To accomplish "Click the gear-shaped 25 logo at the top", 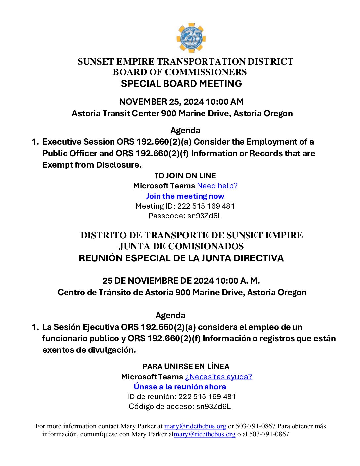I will click(191, 38).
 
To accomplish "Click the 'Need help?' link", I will click(217, 186).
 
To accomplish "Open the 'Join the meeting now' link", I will click(185, 196).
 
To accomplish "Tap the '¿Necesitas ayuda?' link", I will click(218, 377).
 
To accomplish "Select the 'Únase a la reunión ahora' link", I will click(180, 387).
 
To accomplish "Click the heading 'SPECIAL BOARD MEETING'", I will click(181, 84).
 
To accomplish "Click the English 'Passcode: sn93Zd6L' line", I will click(185, 216).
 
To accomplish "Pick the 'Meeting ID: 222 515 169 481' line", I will click(185, 206).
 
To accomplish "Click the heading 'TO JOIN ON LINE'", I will click(185, 176).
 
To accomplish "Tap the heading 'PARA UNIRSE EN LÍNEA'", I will click(186, 366).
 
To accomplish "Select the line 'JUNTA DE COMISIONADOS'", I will click(181, 246).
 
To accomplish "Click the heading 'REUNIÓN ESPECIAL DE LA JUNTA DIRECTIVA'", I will click(181, 258).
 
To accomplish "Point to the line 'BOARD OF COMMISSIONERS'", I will click(180, 72).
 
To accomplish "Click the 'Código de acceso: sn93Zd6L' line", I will click(180, 406).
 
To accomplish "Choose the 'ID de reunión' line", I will click(181, 396).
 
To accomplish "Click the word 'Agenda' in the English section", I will click(185, 130).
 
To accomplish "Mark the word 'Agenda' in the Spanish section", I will click(170, 315).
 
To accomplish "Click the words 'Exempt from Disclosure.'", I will click(92, 165).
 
